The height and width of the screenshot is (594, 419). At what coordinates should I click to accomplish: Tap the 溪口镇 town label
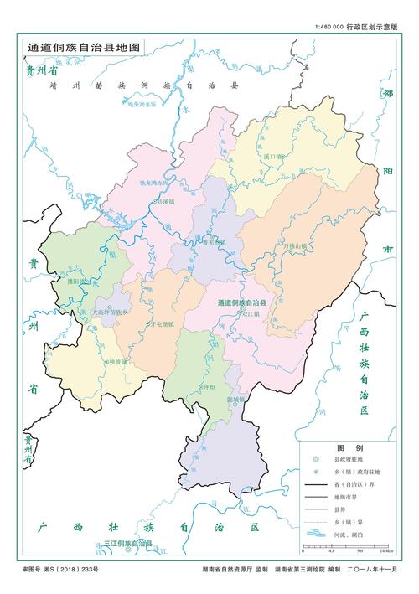click(274, 157)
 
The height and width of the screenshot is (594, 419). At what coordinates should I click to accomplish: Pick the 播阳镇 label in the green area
click(79, 282)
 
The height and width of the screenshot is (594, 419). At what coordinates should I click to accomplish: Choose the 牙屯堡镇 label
click(160, 323)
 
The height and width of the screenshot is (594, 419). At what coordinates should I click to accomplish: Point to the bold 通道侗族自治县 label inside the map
click(241, 302)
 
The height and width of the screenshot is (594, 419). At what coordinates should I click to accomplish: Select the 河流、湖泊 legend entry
click(349, 534)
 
